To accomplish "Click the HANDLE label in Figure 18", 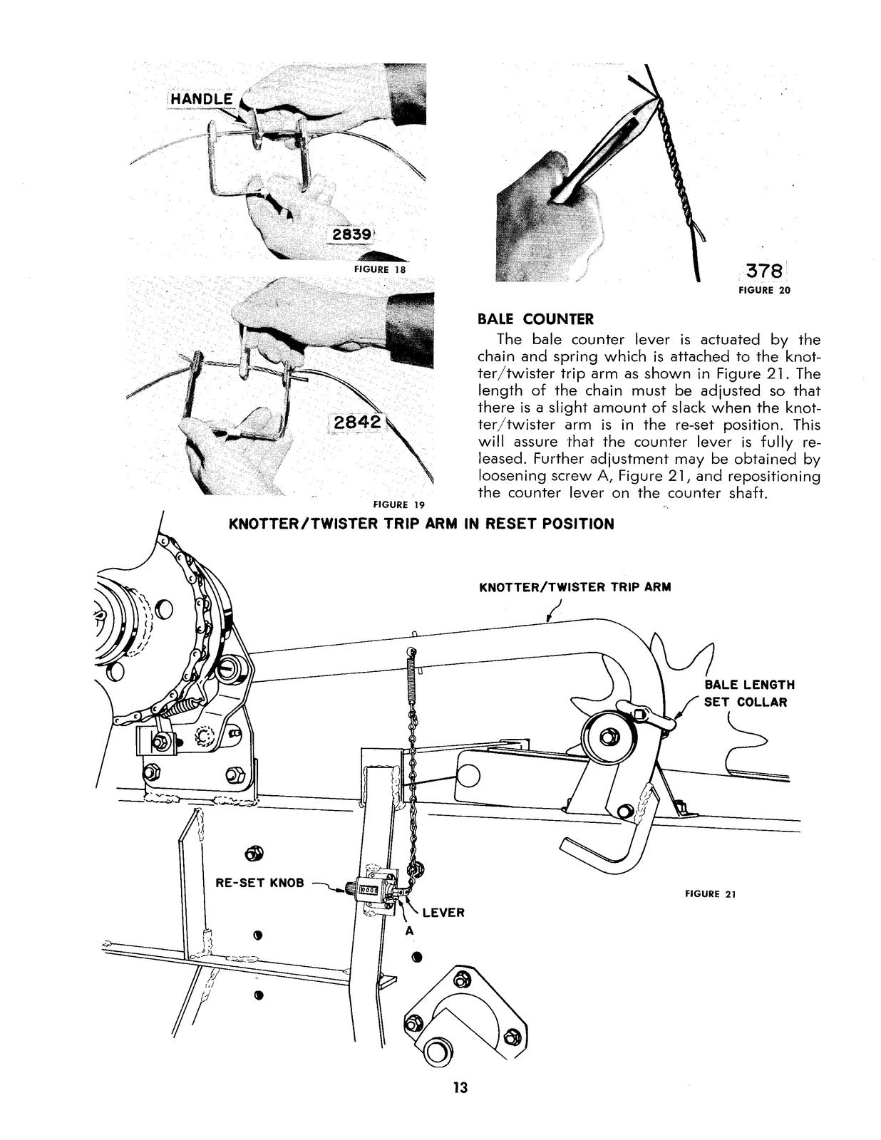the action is click(x=202, y=99).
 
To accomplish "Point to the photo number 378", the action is click(x=764, y=271).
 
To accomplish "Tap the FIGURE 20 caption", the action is click(x=764, y=290).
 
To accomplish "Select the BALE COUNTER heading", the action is click(x=535, y=319).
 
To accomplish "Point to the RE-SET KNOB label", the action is click(x=259, y=883).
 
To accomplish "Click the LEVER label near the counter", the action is click(x=443, y=913).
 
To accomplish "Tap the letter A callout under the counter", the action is click(x=410, y=931).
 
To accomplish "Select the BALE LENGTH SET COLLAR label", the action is click(x=749, y=693).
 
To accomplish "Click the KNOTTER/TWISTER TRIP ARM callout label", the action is click(x=575, y=587).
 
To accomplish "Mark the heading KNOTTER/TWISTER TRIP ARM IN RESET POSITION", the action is click(x=421, y=524).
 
